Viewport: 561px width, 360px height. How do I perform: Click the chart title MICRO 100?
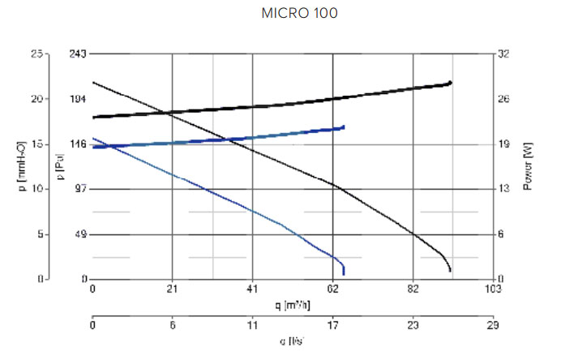(x=299, y=14)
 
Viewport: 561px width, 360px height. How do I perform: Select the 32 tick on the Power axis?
(x=504, y=54)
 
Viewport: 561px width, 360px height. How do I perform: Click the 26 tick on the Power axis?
(x=504, y=99)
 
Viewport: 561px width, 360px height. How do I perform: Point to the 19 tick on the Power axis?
(x=504, y=144)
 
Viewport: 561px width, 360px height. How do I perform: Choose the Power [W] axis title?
(x=528, y=166)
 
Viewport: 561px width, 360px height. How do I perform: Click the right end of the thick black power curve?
(x=451, y=83)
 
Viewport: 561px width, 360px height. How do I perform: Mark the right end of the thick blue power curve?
(x=344, y=127)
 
